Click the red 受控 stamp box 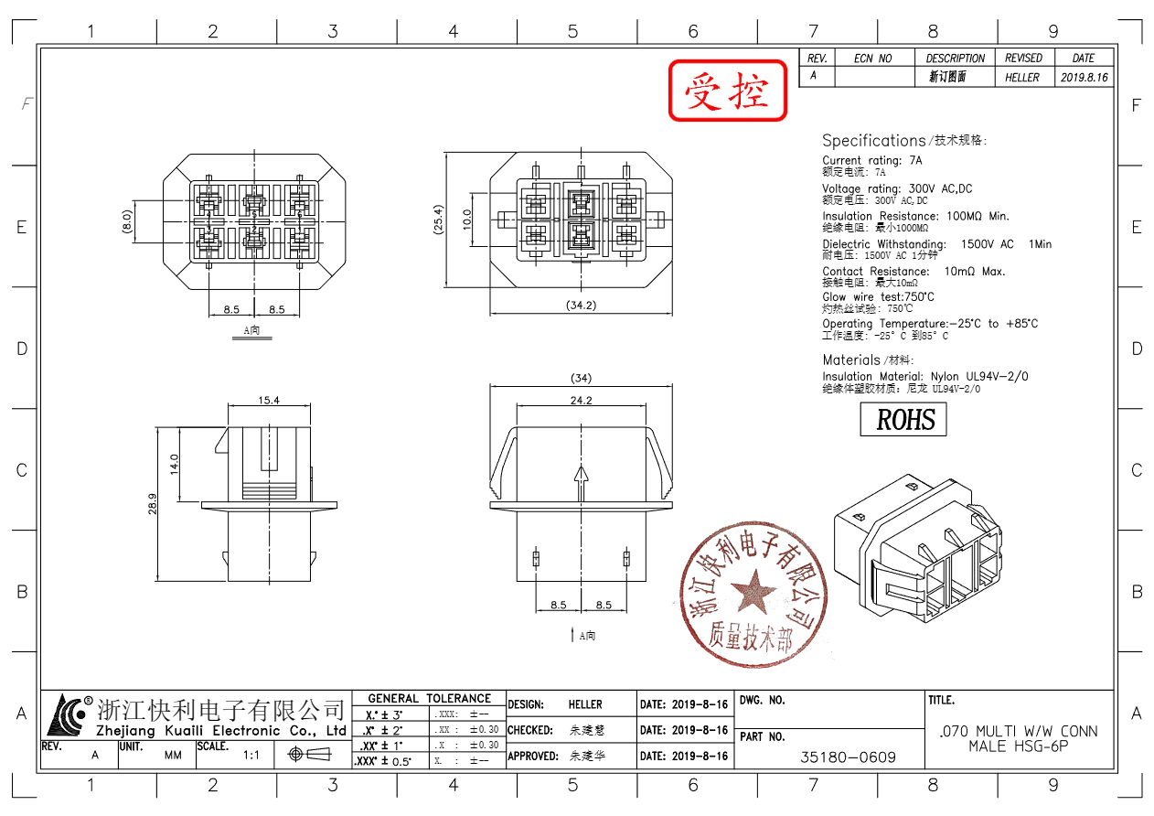point(728,91)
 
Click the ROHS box point(903,420)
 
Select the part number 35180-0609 point(848,757)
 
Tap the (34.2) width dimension point(581,305)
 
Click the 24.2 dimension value point(581,400)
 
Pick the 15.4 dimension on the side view point(268,400)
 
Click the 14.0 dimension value point(174,463)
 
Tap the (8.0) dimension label point(127,221)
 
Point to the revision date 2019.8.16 point(1085,78)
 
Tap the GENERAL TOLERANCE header point(429,698)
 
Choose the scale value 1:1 point(251,756)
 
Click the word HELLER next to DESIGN point(585,704)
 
